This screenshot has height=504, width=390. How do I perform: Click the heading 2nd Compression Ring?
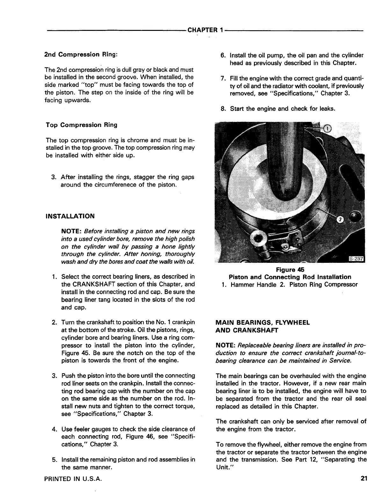[x=81, y=54]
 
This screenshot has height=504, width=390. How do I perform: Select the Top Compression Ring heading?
[x=82, y=125]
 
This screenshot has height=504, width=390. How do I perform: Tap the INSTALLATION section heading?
[x=70, y=216]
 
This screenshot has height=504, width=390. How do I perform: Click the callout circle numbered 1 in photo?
[x=328, y=128]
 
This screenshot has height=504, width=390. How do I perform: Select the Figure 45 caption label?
[x=290, y=270]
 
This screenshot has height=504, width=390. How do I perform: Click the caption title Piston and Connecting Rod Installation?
[x=290, y=277]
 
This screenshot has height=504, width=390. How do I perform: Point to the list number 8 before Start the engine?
[x=223, y=109]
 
